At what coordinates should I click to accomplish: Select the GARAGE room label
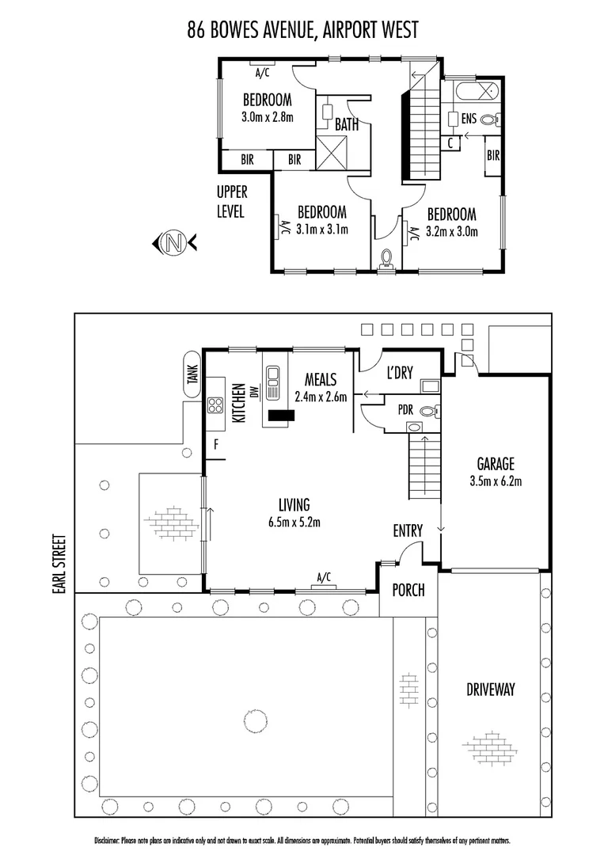click(496, 464)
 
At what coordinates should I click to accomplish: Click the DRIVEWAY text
click(490, 690)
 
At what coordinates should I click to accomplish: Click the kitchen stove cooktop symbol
click(215, 406)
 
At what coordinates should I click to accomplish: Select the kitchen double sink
click(273, 382)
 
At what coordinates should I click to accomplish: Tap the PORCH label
click(408, 590)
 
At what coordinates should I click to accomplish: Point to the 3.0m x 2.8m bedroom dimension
click(267, 117)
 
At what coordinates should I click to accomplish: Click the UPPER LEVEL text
click(232, 202)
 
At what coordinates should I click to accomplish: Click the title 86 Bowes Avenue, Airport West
click(302, 30)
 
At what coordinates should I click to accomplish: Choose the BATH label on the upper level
click(346, 125)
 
